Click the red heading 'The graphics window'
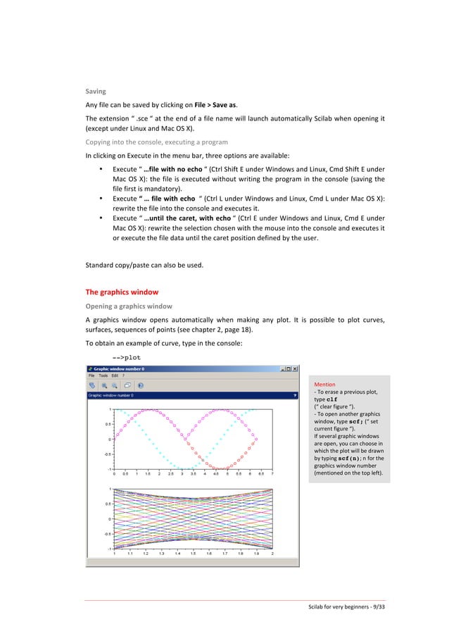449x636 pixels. pyautogui.click(x=122, y=292)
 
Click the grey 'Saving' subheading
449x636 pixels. pyautogui.click(x=96, y=92)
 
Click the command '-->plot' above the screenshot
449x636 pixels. pyautogui.click(x=117, y=357)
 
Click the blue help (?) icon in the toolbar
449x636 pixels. pyautogui.click(x=140, y=386)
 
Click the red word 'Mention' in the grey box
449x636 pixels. pyautogui.click(x=325, y=385)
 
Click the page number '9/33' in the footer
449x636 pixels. pyautogui.click(x=378, y=607)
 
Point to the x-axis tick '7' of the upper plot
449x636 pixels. pyautogui.click(x=272, y=475)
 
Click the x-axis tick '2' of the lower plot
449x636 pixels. pyautogui.click(x=272, y=554)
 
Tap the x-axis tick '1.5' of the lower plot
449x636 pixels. pyautogui.click(x=194, y=554)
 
